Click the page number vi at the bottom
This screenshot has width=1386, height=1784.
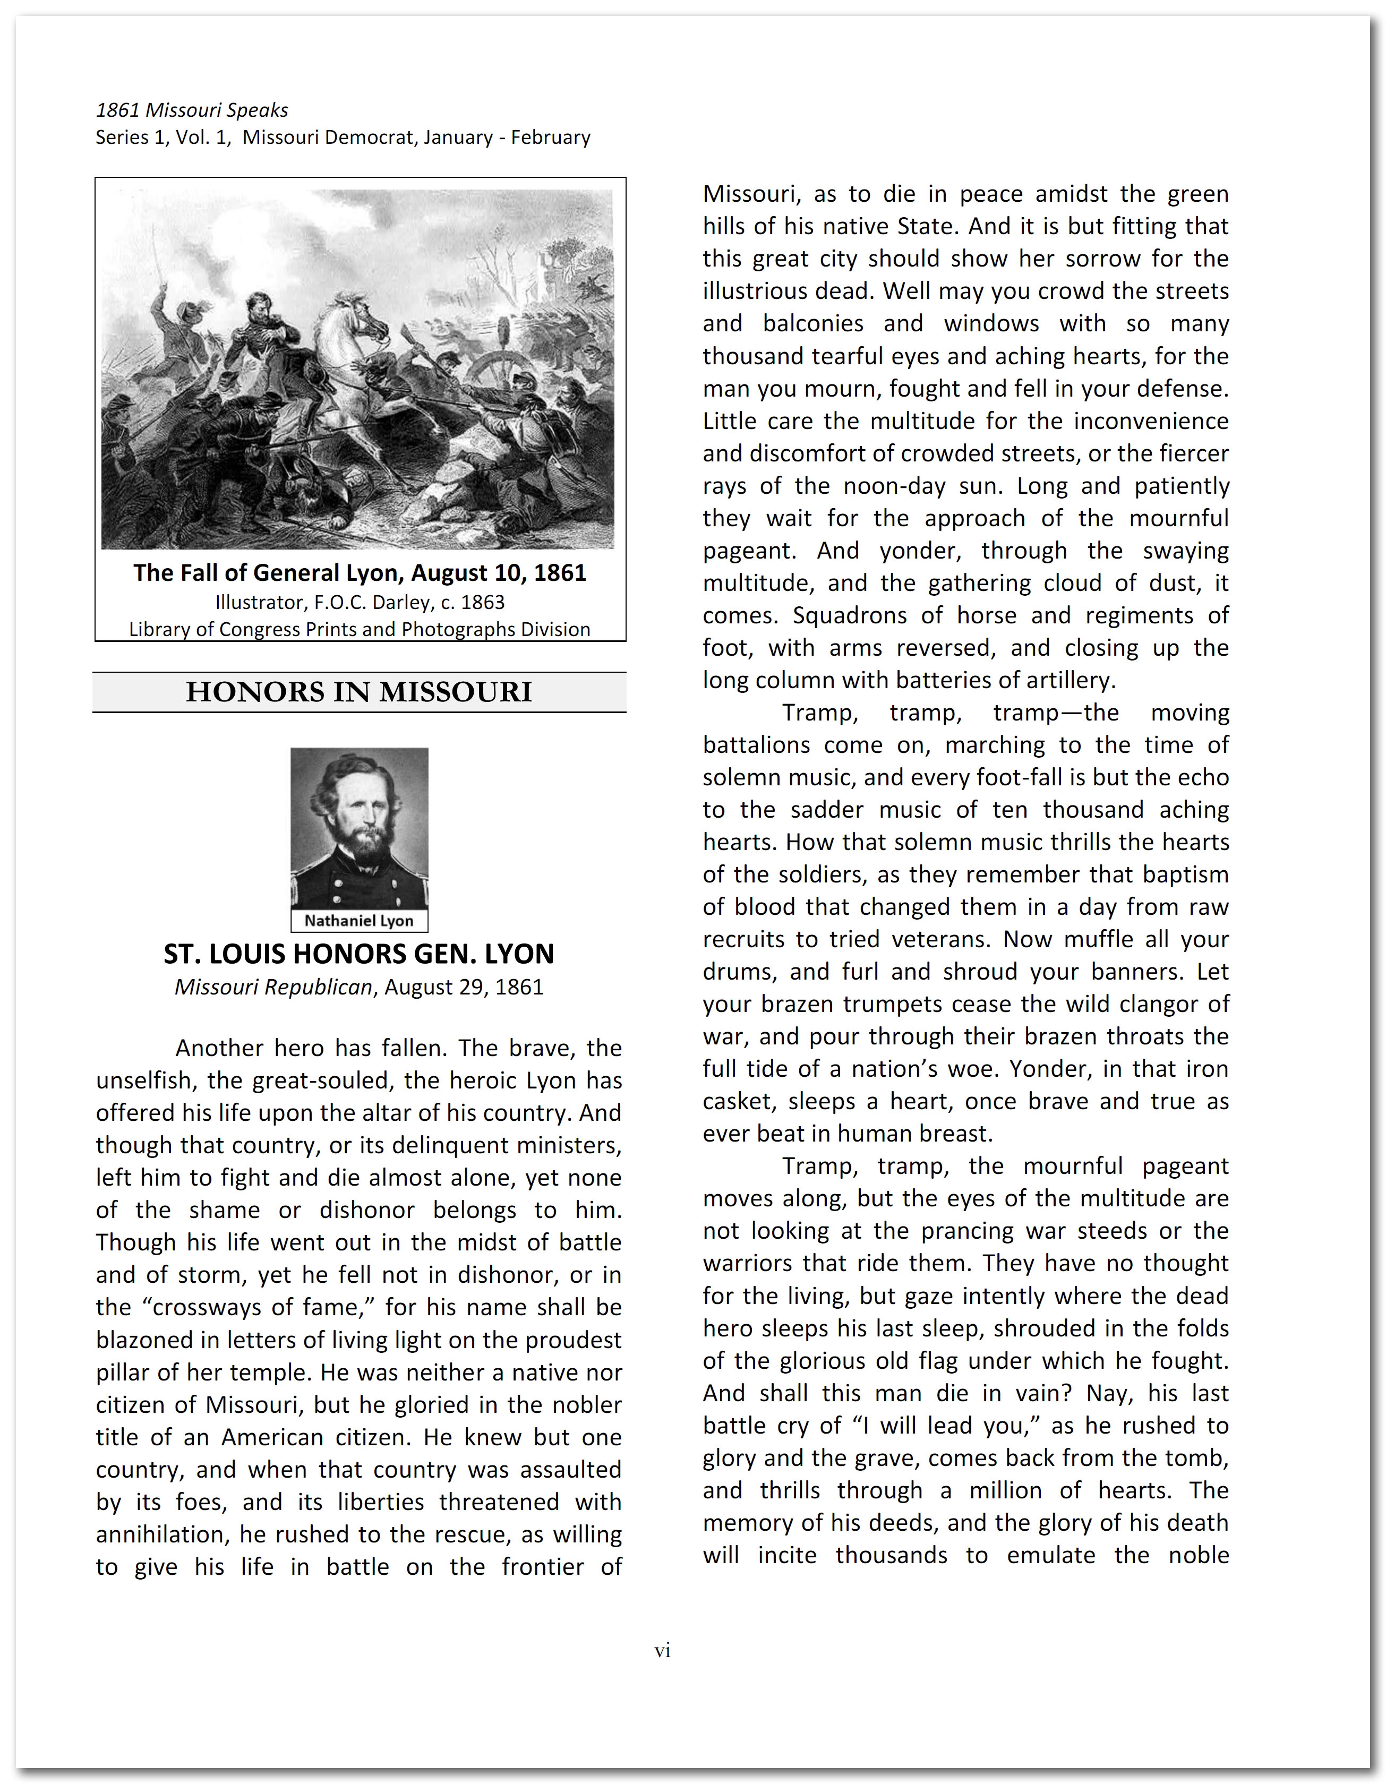click(662, 1651)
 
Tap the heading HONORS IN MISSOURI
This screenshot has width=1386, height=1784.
click(359, 692)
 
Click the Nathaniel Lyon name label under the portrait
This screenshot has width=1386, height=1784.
click(359, 921)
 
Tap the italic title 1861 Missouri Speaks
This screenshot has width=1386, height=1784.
click(191, 110)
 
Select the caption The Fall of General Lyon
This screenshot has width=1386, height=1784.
click(360, 572)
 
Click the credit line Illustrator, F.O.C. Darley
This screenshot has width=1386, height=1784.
click(360, 602)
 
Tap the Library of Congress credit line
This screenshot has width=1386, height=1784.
click(360, 629)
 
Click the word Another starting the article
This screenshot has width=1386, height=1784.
click(218, 1048)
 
